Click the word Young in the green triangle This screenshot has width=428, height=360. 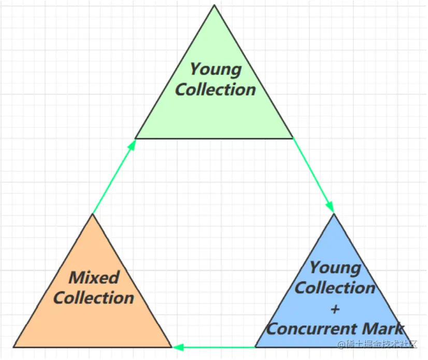(x=215, y=69)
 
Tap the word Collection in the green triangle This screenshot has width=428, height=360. (x=215, y=89)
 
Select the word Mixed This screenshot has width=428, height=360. (x=94, y=277)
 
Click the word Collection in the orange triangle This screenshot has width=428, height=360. (x=94, y=298)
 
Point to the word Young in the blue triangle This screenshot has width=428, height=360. (x=335, y=268)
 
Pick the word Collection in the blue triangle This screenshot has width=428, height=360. (x=335, y=288)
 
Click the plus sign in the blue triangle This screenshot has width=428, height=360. (x=335, y=309)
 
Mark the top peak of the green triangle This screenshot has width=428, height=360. (x=214, y=5)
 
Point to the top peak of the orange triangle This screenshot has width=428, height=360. (x=93, y=214)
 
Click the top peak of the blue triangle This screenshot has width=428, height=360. (x=335, y=213)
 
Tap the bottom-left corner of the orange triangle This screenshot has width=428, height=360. (x=14, y=347)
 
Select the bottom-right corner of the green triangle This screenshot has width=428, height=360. (x=293, y=138)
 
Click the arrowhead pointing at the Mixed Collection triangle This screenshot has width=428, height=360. (x=177, y=347)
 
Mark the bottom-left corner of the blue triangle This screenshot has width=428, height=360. (x=255, y=347)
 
